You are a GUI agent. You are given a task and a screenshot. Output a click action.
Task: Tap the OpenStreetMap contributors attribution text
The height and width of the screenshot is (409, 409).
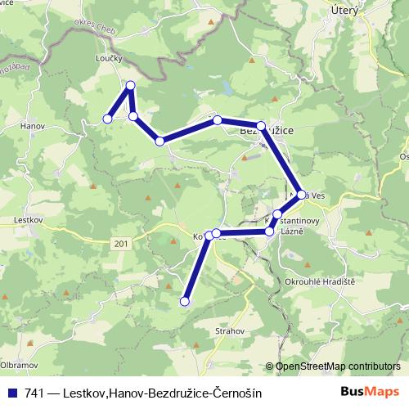pos(337,366)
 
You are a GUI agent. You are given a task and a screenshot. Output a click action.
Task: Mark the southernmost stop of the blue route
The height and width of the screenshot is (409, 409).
pos(184,302)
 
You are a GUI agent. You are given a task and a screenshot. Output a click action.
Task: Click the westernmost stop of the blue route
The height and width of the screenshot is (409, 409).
pos(106,119)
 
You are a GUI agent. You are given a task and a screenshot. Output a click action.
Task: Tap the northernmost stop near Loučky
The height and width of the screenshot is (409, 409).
pos(130,84)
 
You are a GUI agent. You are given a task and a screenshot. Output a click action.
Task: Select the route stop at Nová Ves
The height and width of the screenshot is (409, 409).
pos(302,195)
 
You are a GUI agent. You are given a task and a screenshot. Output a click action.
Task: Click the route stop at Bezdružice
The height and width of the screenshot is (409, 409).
pos(261,126)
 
